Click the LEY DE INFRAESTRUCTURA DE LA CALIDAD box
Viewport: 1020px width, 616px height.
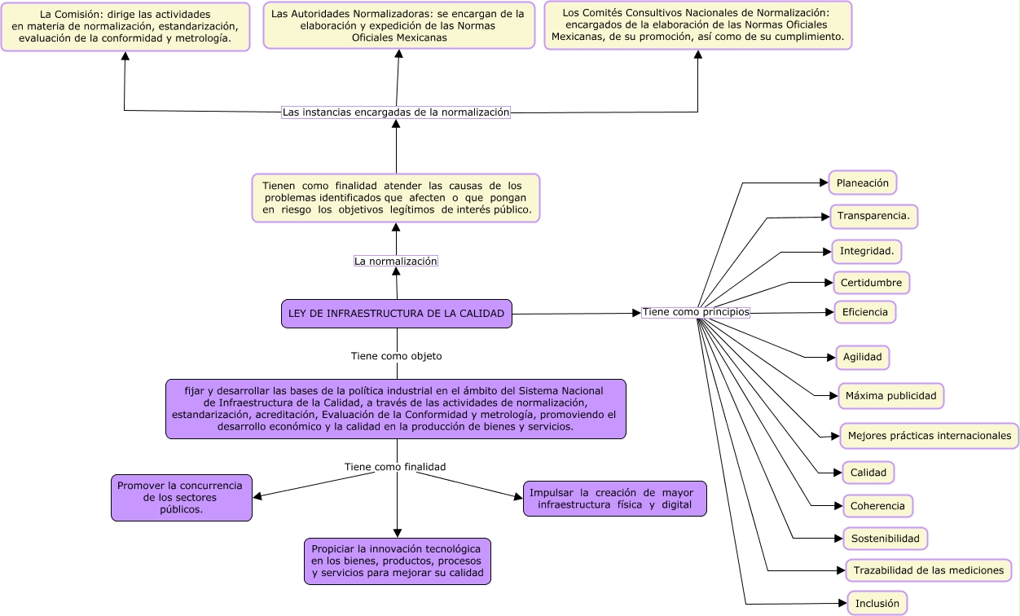pos(397,314)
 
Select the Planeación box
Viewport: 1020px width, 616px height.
pos(862,183)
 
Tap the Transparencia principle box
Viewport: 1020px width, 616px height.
pos(873,217)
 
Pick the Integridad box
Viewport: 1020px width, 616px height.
pos(866,252)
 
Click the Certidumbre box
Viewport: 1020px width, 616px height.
pos(871,283)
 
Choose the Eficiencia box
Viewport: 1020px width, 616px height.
pos(864,312)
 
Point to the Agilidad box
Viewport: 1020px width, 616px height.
pos(862,358)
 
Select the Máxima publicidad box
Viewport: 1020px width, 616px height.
pos(890,396)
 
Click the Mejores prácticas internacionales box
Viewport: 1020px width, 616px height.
pos(929,436)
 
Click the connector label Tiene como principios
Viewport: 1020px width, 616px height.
pos(695,312)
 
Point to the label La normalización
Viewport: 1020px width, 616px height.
pos(396,261)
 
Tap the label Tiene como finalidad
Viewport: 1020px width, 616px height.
pos(395,467)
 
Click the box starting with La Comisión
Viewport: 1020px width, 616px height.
pos(125,27)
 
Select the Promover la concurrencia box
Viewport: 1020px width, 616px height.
pos(181,497)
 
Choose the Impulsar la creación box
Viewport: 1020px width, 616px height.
pos(614,499)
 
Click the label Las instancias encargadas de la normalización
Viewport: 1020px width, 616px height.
pos(396,112)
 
